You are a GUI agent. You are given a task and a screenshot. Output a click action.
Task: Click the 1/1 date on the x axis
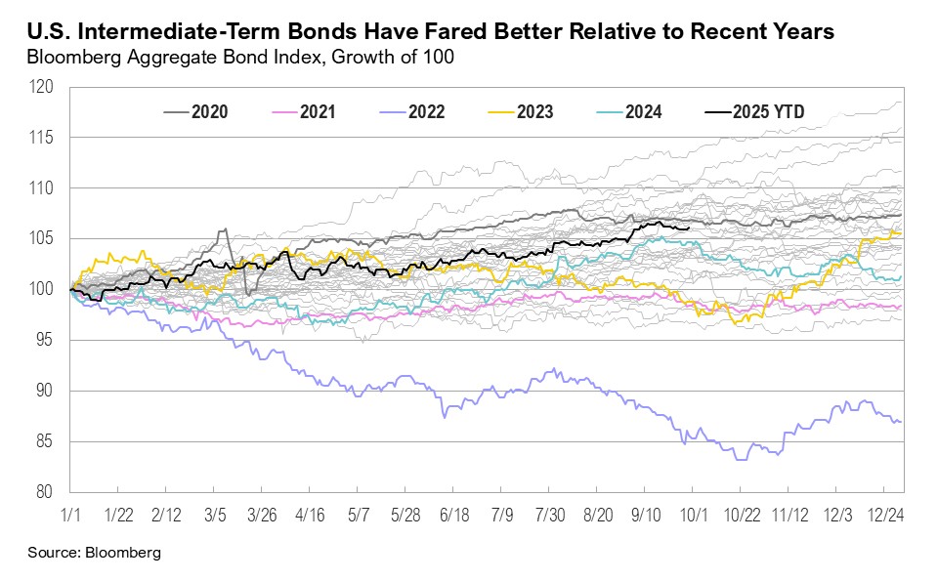click(70, 512)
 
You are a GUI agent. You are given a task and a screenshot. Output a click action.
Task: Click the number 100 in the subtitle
click(438, 57)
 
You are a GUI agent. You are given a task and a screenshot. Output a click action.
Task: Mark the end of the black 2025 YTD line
click(690, 228)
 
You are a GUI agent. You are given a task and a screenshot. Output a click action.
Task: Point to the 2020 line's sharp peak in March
click(226, 229)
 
